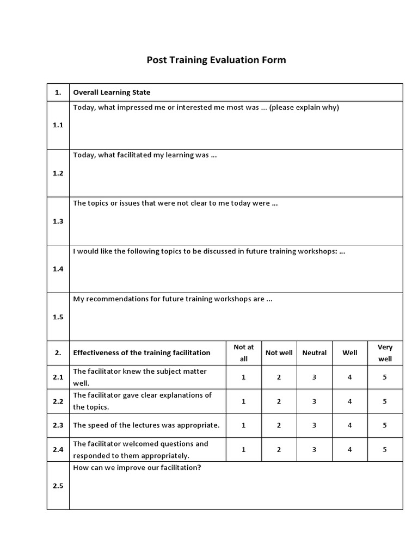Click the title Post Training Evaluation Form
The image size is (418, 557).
pos(216,60)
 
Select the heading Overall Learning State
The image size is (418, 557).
pos(112,92)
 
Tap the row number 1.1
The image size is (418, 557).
pos(58,125)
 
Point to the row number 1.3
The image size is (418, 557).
pos(58,221)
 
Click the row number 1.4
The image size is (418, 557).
pos(58,269)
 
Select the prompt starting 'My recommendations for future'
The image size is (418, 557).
pos(173,299)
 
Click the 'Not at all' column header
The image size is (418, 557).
pos(243,352)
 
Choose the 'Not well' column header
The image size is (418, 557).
pos(279,352)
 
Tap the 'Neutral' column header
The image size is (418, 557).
pos(315,352)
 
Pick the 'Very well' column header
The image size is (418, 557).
pos(385,352)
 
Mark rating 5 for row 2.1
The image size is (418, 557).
pos(385,377)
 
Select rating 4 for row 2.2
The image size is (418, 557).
pos(350,401)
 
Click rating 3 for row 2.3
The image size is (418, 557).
pos(315,425)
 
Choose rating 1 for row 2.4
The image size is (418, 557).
pos(243,450)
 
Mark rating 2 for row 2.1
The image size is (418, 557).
pos(279,377)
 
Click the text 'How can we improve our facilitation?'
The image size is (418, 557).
pos(137,467)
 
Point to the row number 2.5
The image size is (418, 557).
pos(58,486)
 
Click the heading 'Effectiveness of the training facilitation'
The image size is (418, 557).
pos(142,352)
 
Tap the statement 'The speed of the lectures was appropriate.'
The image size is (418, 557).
pos(146,425)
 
